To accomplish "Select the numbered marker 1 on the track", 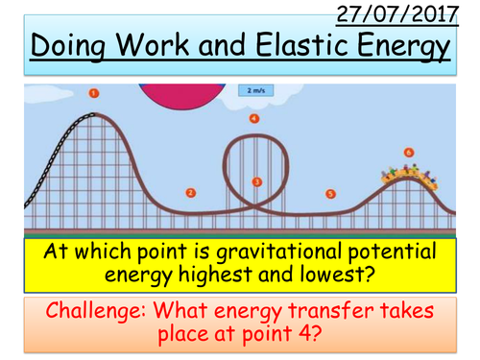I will [x=94, y=93].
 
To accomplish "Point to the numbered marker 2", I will [x=190, y=192].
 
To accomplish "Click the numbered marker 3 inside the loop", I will [x=256, y=180].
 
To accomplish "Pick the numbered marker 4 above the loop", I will [x=253, y=119].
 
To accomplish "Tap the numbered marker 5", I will [x=330, y=193].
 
